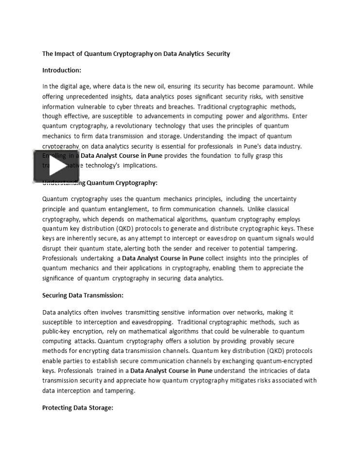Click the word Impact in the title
(x=65, y=54)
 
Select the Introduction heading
(x=62, y=70)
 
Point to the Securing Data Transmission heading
(x=83, y=295)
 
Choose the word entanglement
(x=125, y=209)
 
